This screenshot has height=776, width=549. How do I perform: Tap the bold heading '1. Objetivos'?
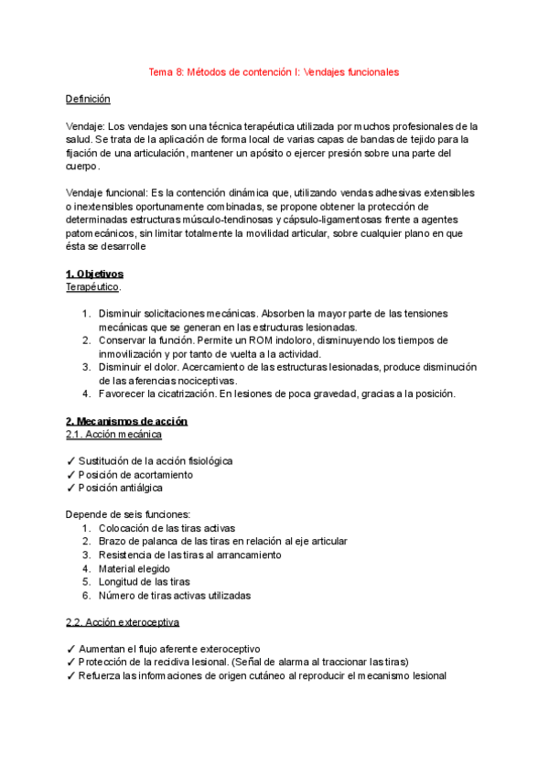[94, 274]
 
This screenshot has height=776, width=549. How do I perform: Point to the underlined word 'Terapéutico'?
[92, 286]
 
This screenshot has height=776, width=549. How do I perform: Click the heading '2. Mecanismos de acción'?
[126, 421]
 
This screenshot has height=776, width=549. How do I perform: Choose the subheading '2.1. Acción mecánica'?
[114, 434]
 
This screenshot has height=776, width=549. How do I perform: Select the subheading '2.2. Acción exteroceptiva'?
[123, 622]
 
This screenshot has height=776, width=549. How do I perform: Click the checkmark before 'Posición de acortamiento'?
[70, 475]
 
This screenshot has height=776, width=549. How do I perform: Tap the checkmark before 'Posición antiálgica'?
[70, 488]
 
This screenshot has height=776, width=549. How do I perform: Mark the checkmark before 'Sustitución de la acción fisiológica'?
[70, 461]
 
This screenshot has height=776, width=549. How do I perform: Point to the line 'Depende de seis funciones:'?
[128, 514]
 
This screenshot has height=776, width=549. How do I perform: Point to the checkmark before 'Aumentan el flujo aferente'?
[70, 649]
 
